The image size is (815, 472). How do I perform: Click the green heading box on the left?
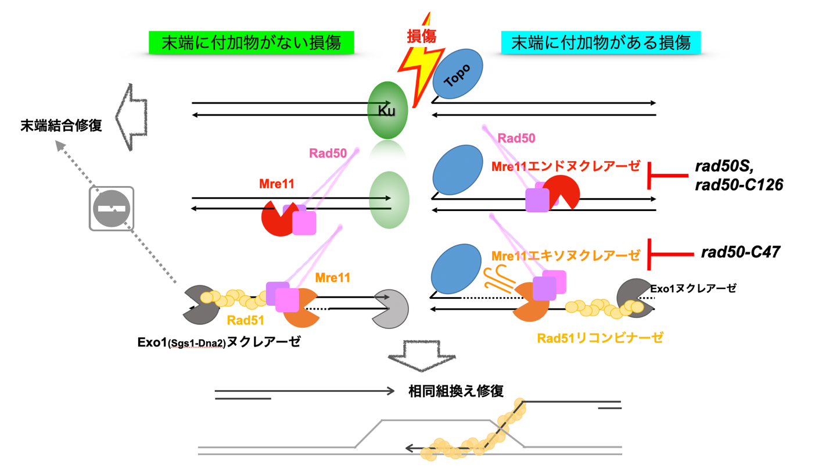coord(251,43)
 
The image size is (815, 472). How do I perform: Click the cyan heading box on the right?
coord(601,42)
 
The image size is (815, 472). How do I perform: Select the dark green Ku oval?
coord(387,110)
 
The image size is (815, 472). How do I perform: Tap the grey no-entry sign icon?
coord(112,208)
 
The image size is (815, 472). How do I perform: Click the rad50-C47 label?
coord(741,252)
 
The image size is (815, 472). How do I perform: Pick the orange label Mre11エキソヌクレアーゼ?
coord(566,255)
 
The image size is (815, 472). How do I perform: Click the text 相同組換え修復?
coord(456,391)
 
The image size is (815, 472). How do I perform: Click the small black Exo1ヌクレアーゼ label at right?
coord(693,288)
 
